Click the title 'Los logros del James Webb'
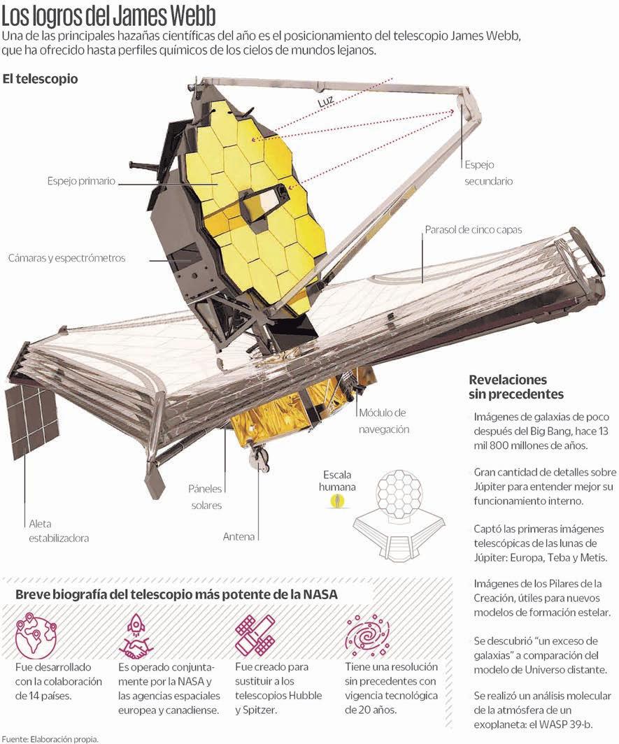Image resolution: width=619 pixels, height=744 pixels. click(x=109, y=15)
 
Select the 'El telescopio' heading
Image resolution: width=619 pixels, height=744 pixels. click(x=40, y=78)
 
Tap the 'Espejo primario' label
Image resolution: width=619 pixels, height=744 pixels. click(x=81, y=181)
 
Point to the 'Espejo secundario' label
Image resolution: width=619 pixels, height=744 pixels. click(x=488, y=173)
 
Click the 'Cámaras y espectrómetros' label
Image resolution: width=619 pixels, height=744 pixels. click(x=66, y=258)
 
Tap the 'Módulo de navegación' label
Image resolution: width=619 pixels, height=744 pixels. click(x=383, y=421)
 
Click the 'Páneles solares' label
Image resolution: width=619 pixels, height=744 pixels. click(x=206, y=497)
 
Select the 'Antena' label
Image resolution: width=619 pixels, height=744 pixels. click(x=239, y=537)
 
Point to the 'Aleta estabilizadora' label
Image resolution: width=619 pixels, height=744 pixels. click(x=59, y=531)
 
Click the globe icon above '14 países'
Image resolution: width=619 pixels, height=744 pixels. click(x=35, y=633)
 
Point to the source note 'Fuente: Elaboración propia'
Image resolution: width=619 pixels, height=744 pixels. click(x=50, y=738)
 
